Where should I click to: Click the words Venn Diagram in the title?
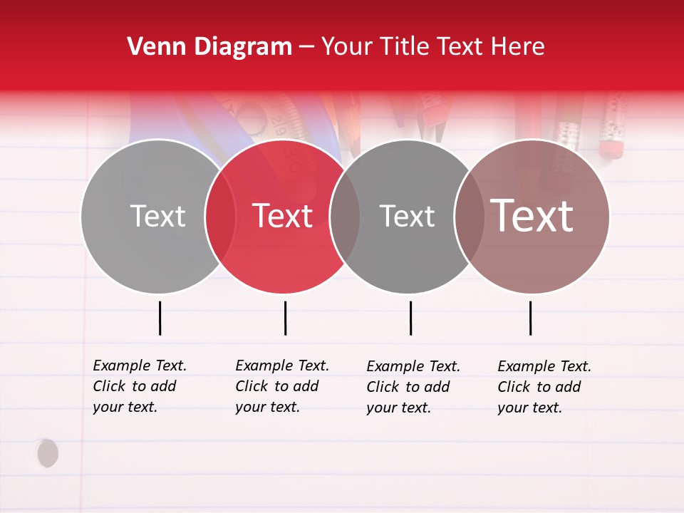209,47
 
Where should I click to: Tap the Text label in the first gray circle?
157,216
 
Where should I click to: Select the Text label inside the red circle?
283,216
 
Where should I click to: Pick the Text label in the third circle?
407,216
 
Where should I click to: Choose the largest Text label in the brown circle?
532,216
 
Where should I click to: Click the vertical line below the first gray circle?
160,318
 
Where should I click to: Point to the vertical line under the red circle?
285,318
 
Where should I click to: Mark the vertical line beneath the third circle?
410,318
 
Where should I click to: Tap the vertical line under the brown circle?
530,318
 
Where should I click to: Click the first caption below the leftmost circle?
140,386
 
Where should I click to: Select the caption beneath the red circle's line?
282,386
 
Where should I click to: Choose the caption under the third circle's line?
413,387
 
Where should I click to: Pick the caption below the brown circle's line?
544,387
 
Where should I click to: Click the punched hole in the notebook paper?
47,453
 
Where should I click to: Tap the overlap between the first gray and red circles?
220,216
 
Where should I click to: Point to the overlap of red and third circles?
345,216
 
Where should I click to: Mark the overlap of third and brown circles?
468,216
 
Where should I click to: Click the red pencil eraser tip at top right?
611,149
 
